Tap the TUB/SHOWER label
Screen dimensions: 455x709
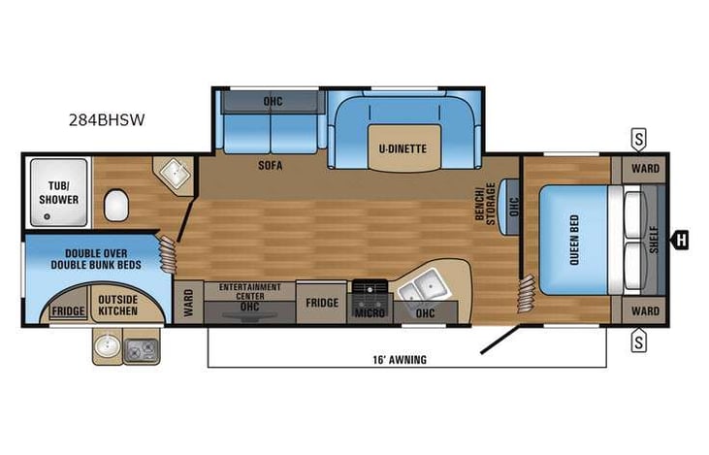(57, 193)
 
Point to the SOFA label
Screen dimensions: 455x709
(270, 166)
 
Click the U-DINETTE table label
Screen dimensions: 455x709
(402, 147)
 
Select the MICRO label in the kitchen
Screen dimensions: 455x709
(370, 313)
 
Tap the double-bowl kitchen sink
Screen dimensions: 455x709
(424, 287)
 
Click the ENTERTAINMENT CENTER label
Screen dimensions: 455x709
(250, 290)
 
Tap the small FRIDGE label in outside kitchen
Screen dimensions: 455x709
(68, 311)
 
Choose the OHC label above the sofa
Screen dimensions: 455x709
(273, 101)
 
